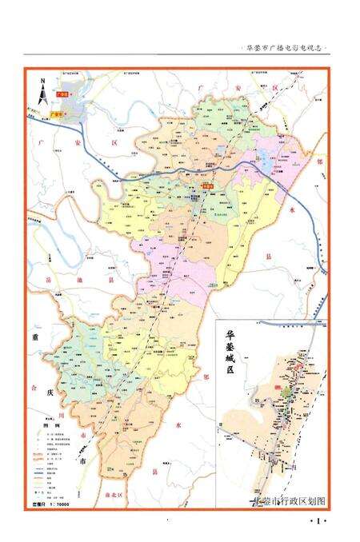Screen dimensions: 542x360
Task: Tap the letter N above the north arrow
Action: coord(42,81)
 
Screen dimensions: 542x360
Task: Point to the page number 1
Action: coord(318,522)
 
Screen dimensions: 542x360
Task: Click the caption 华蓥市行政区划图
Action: coord(289,501)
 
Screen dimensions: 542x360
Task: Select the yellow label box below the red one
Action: coord(56,114)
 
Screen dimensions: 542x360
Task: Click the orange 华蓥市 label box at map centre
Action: coord(208,186)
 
